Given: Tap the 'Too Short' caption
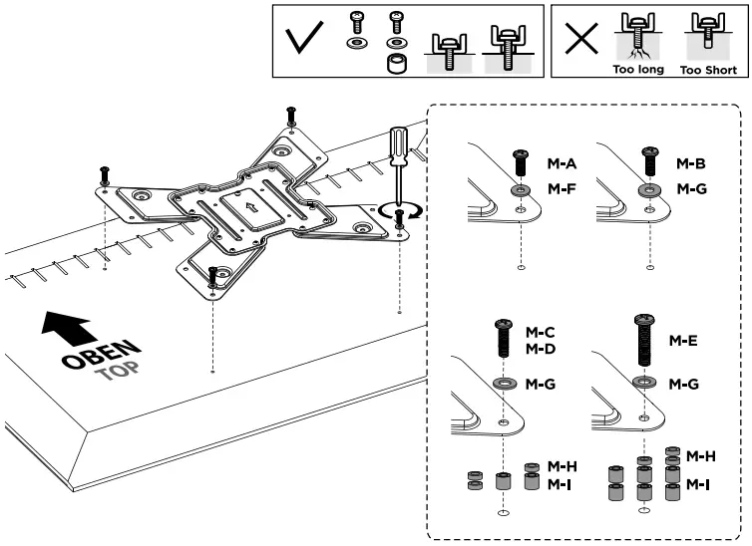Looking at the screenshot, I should [707, 71].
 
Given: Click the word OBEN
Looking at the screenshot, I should [101, 354].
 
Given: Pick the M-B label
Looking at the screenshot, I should [691, 162].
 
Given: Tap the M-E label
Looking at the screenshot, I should [683, 342].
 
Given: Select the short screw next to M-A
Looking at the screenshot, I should [520, 161].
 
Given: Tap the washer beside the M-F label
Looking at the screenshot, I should [521, 189].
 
